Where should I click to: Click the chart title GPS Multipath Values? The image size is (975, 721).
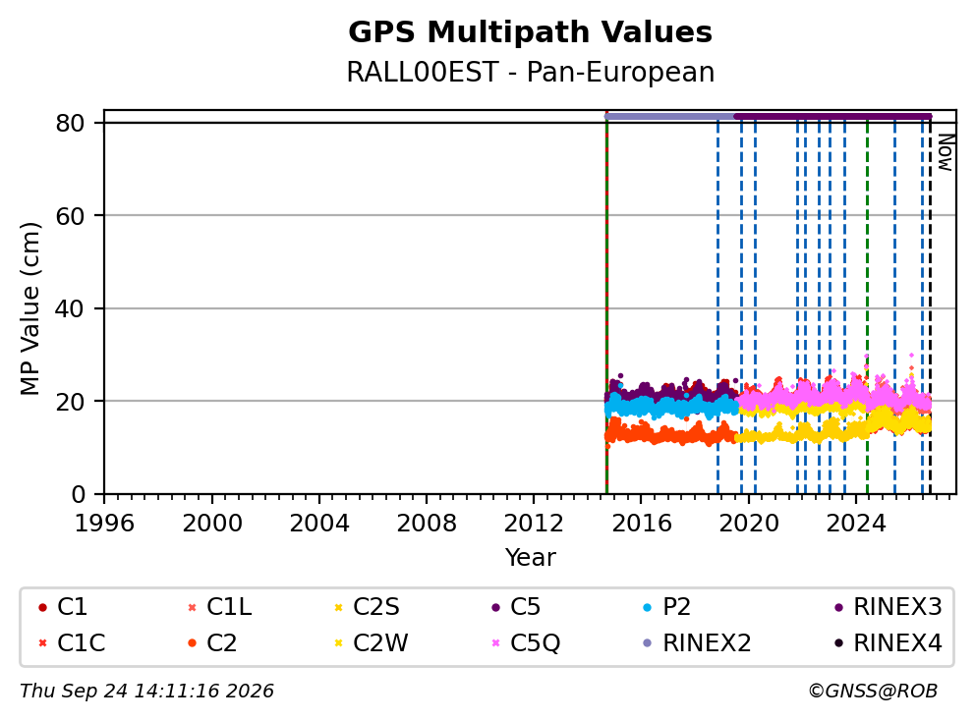click(x=530, y=32)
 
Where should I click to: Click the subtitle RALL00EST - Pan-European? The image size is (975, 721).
click(x=530, y=72)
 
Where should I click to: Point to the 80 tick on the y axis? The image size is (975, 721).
click(x=70, y=123)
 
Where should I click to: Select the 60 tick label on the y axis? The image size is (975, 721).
click(x=70, y=216)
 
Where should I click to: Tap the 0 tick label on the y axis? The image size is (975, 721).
click(x=78, y=494)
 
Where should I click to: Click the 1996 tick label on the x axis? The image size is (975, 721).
click(x=104, y=524)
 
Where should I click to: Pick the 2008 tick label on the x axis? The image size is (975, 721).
click(x=426, y=524)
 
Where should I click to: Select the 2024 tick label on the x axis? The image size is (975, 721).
click(x=856, y=524)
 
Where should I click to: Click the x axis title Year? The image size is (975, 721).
click(x=530, y=557)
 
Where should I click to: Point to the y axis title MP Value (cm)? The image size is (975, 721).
click(x=29, y=308)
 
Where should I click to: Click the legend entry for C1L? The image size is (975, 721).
click(x=220, y=607)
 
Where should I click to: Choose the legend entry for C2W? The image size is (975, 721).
click(x=372, y=642)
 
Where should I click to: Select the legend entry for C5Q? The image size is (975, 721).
click(x=526, y=642)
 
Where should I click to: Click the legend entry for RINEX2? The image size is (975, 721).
click(x=697, y=642)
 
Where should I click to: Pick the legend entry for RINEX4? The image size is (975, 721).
click(x=888, y=642)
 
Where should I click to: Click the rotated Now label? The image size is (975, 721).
click(x=946, y=153)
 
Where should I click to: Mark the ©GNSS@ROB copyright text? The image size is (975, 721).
click(x=873, y=692)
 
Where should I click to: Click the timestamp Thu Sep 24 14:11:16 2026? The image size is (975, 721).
click(x=146, y=692)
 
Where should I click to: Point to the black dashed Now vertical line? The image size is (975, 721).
click(x=930, y=305)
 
